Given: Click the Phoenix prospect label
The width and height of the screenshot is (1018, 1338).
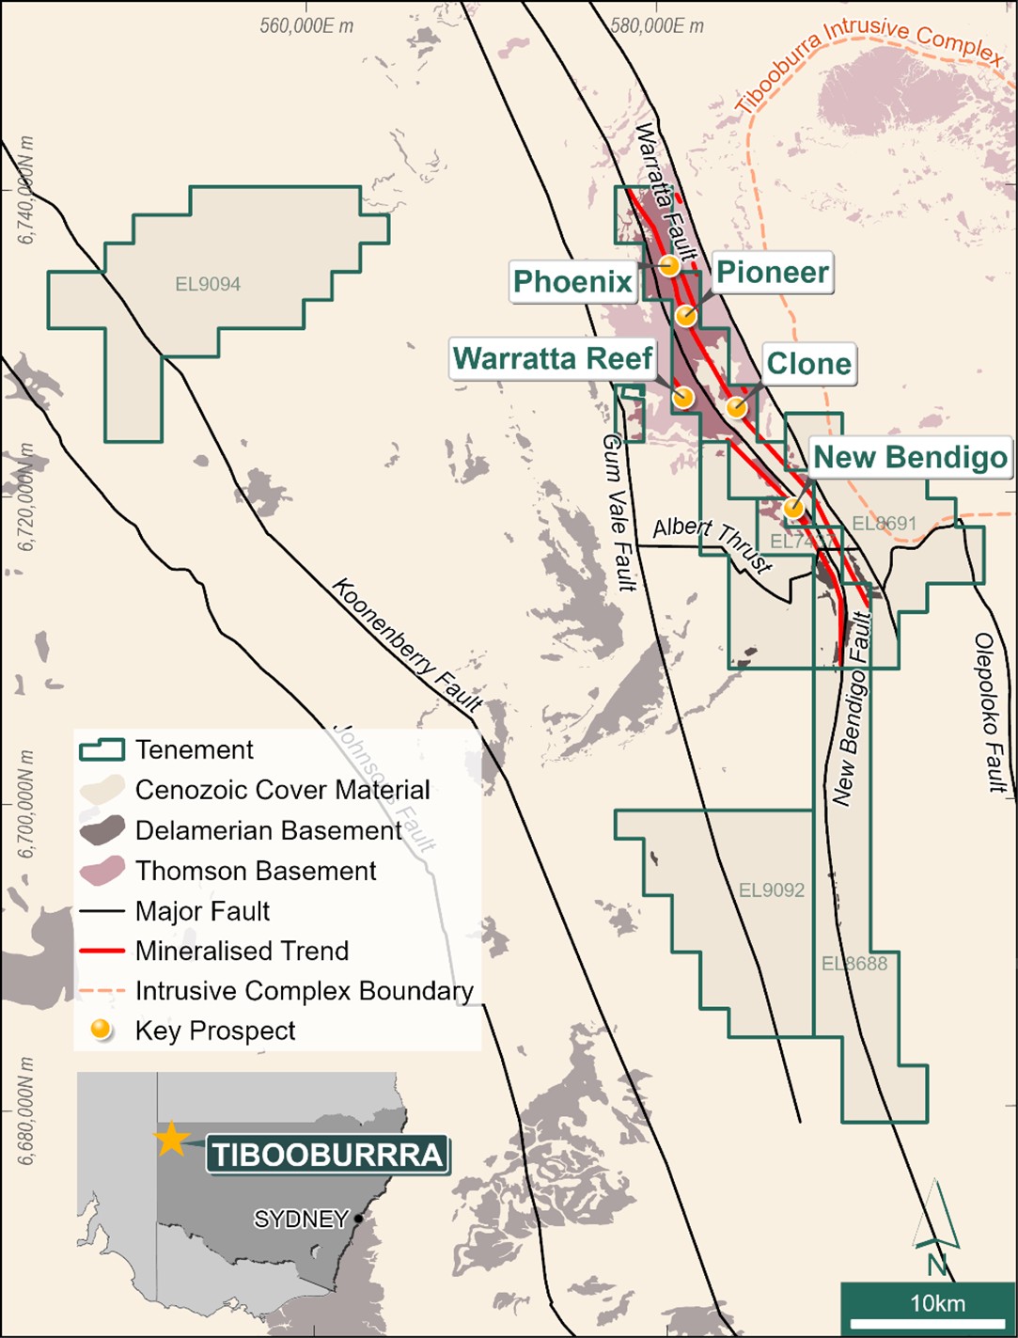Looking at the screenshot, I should (x=572, y=281).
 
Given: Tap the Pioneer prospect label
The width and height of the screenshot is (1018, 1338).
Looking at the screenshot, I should (x=772, y=273).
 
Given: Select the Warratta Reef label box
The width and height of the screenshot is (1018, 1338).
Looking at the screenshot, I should (x=552, y=358).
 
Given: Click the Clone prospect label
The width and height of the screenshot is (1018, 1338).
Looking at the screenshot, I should (x=808, y=364).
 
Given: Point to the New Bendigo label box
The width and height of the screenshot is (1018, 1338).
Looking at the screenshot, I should (x=909, y=458).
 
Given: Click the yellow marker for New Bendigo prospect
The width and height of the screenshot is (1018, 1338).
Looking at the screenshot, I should (x=794, y=508).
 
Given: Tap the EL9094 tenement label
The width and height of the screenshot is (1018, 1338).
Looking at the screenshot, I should (x=208, y=284).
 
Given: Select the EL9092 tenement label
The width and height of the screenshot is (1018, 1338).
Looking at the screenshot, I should (x=771, y=889).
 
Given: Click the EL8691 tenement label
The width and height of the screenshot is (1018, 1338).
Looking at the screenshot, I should (x=884, y=524).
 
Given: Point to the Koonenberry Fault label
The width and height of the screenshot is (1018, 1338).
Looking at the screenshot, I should (x=407, y=644).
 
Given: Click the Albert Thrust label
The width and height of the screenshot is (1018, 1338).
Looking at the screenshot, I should (x=713, y=543).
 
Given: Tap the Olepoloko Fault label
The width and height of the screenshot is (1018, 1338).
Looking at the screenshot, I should (x=991, y=712).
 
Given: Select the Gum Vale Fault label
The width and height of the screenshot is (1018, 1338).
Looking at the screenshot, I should (x=619, y=512).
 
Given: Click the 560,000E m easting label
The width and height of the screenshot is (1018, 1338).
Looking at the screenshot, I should (x=306, y=26).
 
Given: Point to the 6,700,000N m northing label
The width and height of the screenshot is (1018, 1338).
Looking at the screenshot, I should (x=26, y=804).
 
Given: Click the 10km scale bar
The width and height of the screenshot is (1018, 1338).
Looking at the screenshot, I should (x=926, y=1302).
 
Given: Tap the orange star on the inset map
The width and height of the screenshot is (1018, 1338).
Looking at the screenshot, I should (x=171, y=1139).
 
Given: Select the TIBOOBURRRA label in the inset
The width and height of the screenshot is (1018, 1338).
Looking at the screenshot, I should (x=327, y=1155).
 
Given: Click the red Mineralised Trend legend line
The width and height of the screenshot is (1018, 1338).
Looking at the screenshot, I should (x=102, y=951).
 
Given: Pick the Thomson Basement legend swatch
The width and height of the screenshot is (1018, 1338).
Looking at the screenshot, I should (x=102, y=871).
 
